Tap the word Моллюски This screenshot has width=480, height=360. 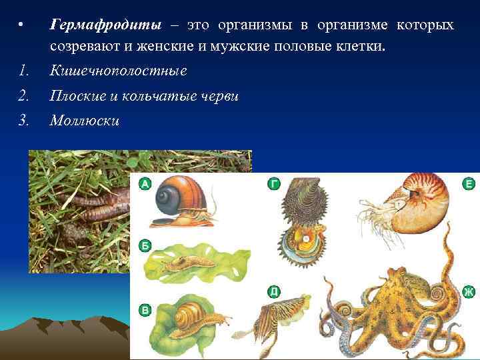[x=84, y=121]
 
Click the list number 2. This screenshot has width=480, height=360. [x=23, y=96]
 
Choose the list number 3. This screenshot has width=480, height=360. [x=23, y=121]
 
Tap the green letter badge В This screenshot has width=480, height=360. [x=145, y=309]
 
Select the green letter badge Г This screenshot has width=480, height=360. [x=273, y=183]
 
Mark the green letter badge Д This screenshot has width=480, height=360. [x=273, y=291]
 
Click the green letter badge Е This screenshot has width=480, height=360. [x=469, y=184]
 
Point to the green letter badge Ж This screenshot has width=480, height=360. [x=469, y=291]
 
